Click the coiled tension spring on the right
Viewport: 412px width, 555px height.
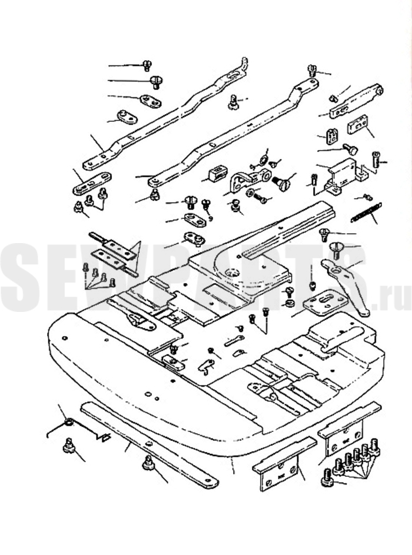click(366, 212)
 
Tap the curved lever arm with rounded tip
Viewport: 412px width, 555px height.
click(347, 283)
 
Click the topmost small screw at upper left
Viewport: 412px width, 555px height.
click(147, 65)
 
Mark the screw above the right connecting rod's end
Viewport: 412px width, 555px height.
click(312, 71)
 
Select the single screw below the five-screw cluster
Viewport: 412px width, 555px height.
click(327, 481)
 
